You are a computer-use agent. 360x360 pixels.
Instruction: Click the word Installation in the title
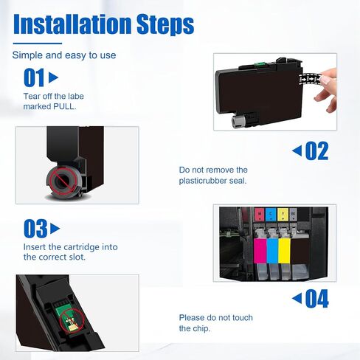(x=72, y=24)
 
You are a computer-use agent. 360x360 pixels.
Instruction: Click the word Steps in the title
(x=165, y=24)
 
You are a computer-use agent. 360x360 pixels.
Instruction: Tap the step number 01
(x=34, y=77)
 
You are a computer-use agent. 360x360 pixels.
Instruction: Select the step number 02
(x=316, y=150)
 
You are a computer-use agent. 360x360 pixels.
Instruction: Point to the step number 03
(x=35, y=229)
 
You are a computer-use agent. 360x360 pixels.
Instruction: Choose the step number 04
(x=316, y=299)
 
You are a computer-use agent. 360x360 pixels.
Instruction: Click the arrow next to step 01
(x=53, y=77)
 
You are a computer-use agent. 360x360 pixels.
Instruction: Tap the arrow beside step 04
(x=297, y=298)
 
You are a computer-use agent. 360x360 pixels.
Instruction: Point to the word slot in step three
(x=77, y=257)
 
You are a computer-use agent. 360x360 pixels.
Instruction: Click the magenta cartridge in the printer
(x=260, y=251)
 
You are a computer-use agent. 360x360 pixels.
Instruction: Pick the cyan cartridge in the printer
(x=272, y=251)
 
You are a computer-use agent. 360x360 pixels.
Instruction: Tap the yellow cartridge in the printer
(x=284, y=251)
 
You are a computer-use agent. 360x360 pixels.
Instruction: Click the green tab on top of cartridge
(x=259, y=65)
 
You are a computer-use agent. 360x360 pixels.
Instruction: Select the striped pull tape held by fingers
(x=311, y=79)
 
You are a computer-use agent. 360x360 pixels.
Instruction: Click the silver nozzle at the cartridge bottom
(x=238, y=121)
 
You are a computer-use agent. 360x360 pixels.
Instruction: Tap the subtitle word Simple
(x=27, y=55)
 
